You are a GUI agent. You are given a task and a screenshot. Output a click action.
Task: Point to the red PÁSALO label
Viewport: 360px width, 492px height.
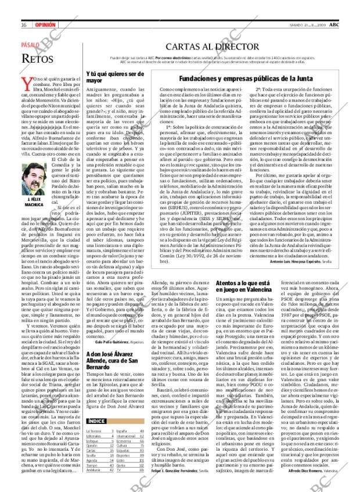(x=32, y=44)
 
